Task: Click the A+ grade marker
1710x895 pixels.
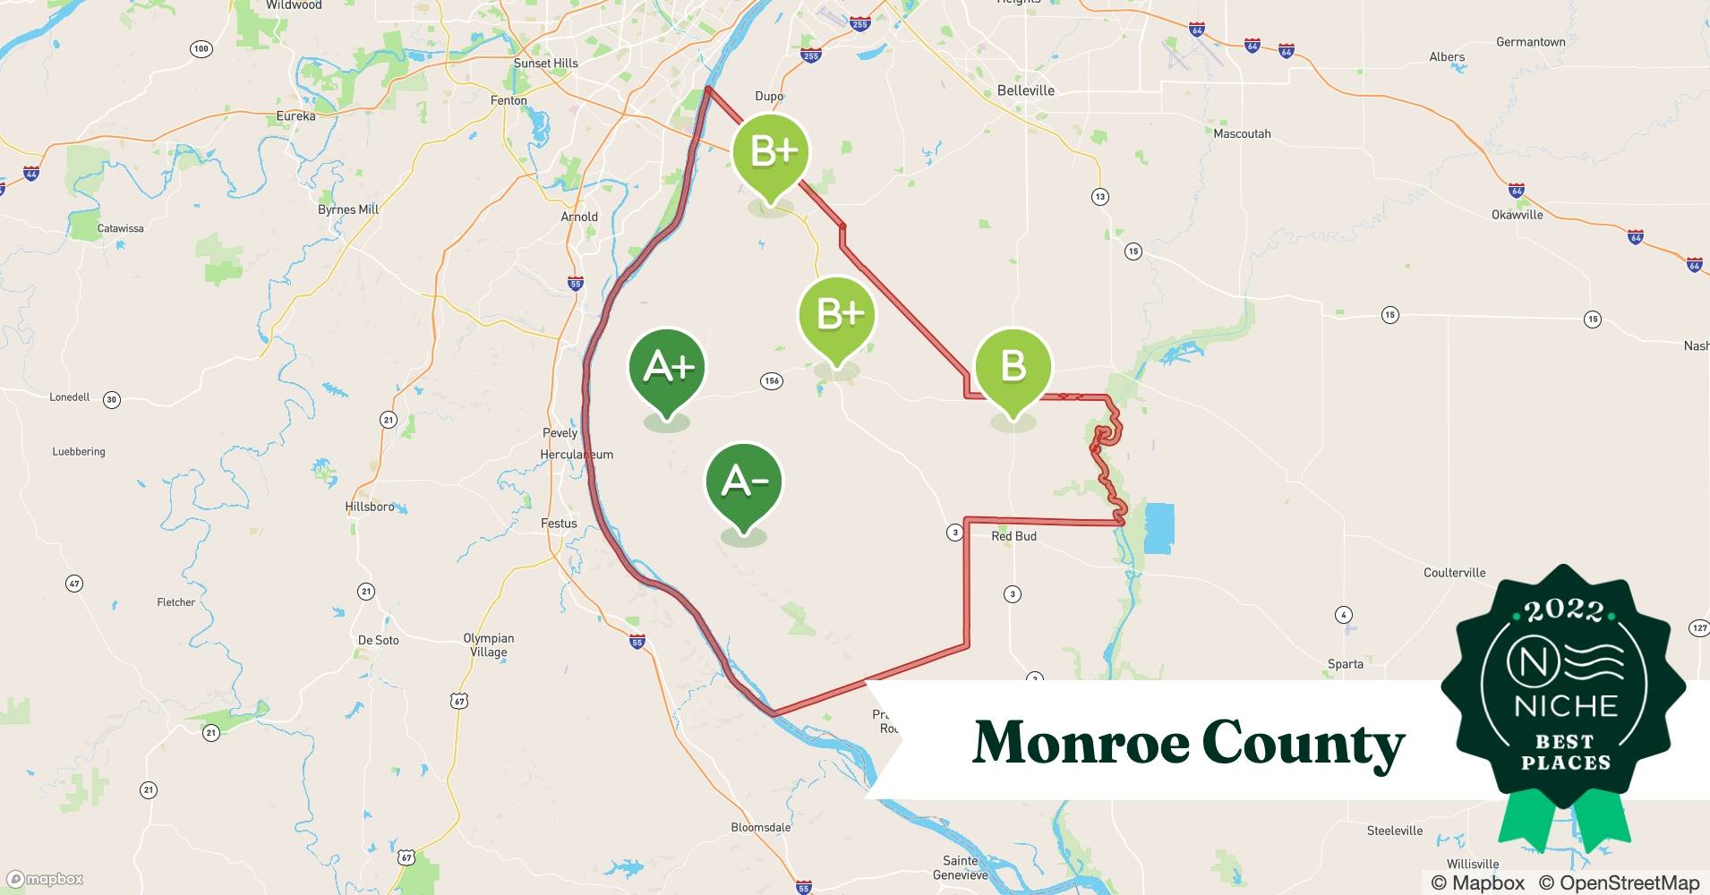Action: [667, 368]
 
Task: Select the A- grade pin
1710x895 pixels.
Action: [744, 482]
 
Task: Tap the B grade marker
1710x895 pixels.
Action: [1013, 366]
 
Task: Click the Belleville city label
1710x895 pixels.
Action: [1025, 90]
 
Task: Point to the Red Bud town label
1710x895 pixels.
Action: [1013, 536]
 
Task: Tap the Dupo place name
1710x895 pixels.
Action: [769, 96]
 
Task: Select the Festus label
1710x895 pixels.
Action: [559, 523]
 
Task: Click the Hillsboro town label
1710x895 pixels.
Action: [370, 507]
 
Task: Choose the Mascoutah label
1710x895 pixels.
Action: [1242, 133]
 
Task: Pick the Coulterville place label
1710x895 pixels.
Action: [1454, 573]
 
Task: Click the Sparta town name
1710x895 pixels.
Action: [1345, 664]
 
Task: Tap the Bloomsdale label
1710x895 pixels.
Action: [760, 827]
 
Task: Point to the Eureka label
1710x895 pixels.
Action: [295, 116]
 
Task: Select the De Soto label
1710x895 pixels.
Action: [378, 640]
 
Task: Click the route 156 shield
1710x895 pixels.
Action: [772, 380]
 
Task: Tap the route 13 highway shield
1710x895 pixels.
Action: [1099, 196]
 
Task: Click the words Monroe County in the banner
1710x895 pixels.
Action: [1188, 743]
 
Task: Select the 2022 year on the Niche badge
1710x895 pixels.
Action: [1563, 610]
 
